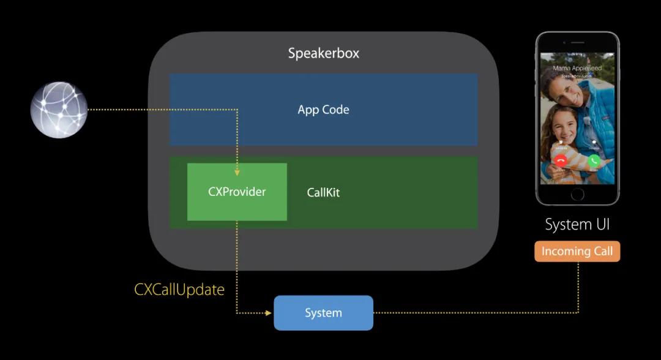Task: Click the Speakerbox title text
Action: click(x=324, y=53)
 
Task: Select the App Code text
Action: click(x=323, y=110)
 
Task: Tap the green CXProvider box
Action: click(x=237, y=192)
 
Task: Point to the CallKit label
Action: click(x=323, y=192)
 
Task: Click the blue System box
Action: click(x=323, y=313)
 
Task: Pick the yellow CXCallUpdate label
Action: click(x=179, y=290)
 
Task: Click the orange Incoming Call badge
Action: click(x=577, y=251)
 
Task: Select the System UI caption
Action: click(x=577, y=224)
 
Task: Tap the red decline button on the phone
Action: click(x=560, y=160)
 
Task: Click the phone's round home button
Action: click(x=577, y=194)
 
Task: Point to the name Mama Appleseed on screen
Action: click(x=577, y=68)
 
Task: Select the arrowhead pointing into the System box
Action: click(x=268, y=313)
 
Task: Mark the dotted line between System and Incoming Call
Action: click(x=477, y=313)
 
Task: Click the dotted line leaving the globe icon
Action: click(x=159, y=110)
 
